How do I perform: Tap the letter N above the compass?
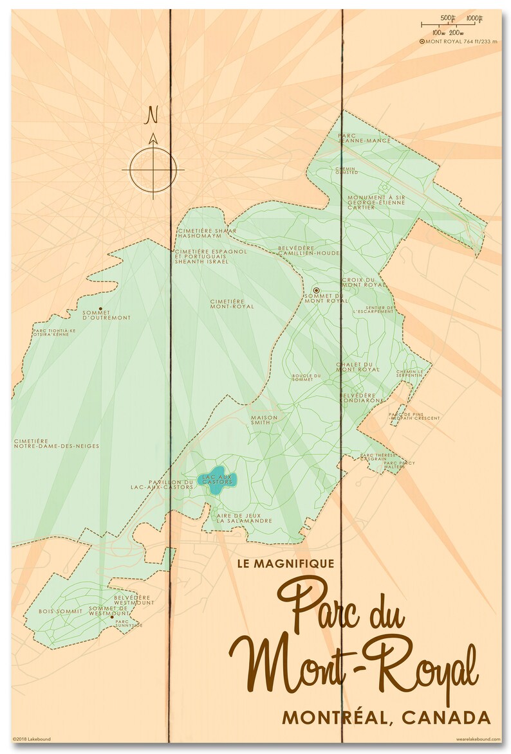pyautogui.click(x=153, y=114)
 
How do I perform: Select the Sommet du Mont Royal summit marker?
pyautogui.click(x=316, y=290)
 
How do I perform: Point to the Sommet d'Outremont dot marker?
pyautogui.click(x=100, y=309)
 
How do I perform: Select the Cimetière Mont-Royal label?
pyautogui.click(x=232, y=303)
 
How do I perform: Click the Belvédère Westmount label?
pyautogui.click(x=134, y=600)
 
